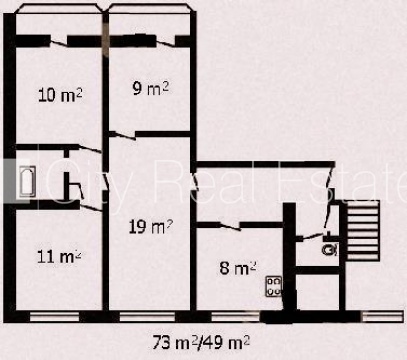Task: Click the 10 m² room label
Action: pyautogui.click(x=60, y=95)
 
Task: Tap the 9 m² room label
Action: pyautogui.click(x=151, y=88)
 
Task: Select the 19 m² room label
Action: pyautogui.click(x=151, y=227)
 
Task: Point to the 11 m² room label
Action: pyautogui.click(x=59, y=256)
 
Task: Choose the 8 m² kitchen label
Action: pyautogui.click(x=238, y=268)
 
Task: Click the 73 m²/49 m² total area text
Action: pyautogui.click(x=201, y=342)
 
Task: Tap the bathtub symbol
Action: pyautogui.click(x=27, y=181)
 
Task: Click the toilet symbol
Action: pyautogui.click(x=330, y=249)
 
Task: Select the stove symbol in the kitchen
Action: pyautogui.click(x=273, y=286)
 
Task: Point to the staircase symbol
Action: pyautogui.click(x=363, y=230)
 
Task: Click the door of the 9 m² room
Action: pyautogui.click(x=122, y=136)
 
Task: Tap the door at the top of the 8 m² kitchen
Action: pyautogui.click(x=230, y=226)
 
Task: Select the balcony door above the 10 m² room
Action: pyautogui.click(x=59, y=43)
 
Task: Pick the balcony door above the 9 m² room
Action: pyautogui.click(x=166, y=42)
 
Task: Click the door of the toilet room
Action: pyautogui.click(x=313, y=236)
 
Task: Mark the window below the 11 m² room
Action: pyautogui.click(x=54, y=317)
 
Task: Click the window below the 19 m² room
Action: pyautogui.click(x=147, y=317)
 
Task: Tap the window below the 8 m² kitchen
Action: pyautogui.click(x=236, y=317)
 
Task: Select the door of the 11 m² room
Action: pyautogui.click(x=91, y=208)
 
